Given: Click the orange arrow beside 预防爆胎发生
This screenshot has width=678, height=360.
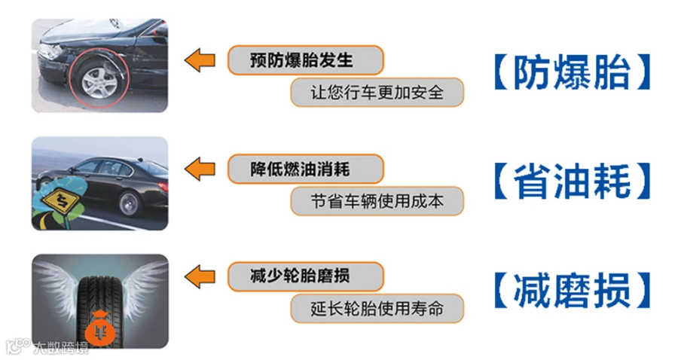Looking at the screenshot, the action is pyautogui.click(x=200, y=60).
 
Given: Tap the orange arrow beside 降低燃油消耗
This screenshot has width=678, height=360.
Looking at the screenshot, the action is pyautogui.click(x=200, y=169).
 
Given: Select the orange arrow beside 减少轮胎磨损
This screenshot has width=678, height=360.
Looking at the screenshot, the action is pyautogui.click(x=200, y=276).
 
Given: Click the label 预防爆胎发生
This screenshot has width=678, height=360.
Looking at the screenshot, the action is pyautogui.click(x=301, y=60).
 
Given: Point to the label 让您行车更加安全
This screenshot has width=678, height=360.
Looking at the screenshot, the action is pyautogui.click(x=377, y=92).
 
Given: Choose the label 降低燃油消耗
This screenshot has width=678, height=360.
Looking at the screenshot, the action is pyautogui.click(x=300, y=169).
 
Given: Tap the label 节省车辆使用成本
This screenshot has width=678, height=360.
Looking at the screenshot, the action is pyautogui.click(x=377, y=201).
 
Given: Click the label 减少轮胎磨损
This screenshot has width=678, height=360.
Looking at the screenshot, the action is pyautogui.click(x=300, y=276).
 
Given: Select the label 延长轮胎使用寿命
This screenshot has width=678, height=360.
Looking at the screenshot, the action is pyautogui.click(x=377, y=309).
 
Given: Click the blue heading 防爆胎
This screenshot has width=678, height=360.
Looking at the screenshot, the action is pyautogui.click(x=572, y=72).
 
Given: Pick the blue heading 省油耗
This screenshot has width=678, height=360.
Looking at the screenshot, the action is pyautogui.click(x=572, y=181).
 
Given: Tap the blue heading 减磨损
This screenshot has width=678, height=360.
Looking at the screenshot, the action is pyautogui.click(x=572, y=290).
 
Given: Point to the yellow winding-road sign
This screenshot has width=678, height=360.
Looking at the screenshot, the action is pyautogui.click(x=61, y=200).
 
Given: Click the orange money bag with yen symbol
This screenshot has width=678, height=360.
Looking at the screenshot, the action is pyautogui.click(x=101, y=329).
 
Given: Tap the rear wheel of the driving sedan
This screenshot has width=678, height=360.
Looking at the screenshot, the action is pyautogui.click(x=129, y=204).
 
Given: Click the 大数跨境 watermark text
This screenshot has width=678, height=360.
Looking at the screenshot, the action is pyautogui.click(x=60, y=347).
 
